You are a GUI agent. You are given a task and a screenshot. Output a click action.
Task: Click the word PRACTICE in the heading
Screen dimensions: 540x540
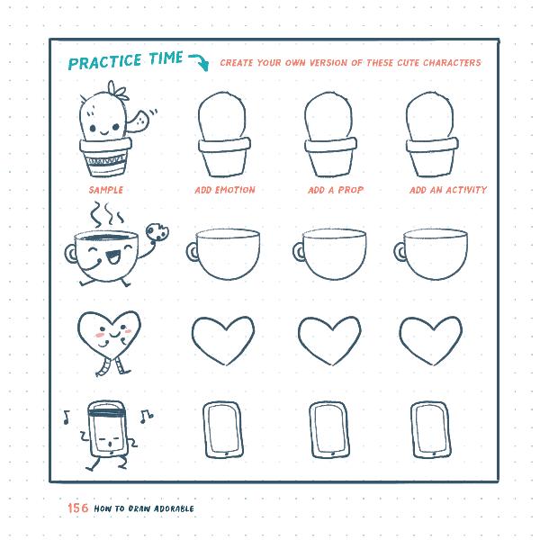click(105, 62)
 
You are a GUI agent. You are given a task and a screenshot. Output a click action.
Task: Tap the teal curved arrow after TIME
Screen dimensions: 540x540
click(198, 61)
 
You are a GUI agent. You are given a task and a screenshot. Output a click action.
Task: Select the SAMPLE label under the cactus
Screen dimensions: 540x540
click(106, 190)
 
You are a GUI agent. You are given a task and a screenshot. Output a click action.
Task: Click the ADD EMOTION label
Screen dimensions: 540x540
click(225, 190)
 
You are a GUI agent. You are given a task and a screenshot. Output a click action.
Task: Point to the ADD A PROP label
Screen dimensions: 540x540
click(336, 190)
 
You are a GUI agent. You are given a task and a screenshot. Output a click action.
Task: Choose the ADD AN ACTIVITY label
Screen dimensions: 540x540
click(448, 190)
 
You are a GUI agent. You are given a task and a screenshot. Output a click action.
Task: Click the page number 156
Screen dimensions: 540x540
click(78, 508)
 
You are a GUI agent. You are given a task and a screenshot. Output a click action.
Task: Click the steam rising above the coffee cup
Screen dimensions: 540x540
click(104, 214)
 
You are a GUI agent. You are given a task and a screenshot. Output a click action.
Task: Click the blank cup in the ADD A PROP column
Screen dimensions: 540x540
click(333, 254)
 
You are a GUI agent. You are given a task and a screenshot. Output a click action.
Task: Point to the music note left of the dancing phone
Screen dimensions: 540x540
click(67, 417)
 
